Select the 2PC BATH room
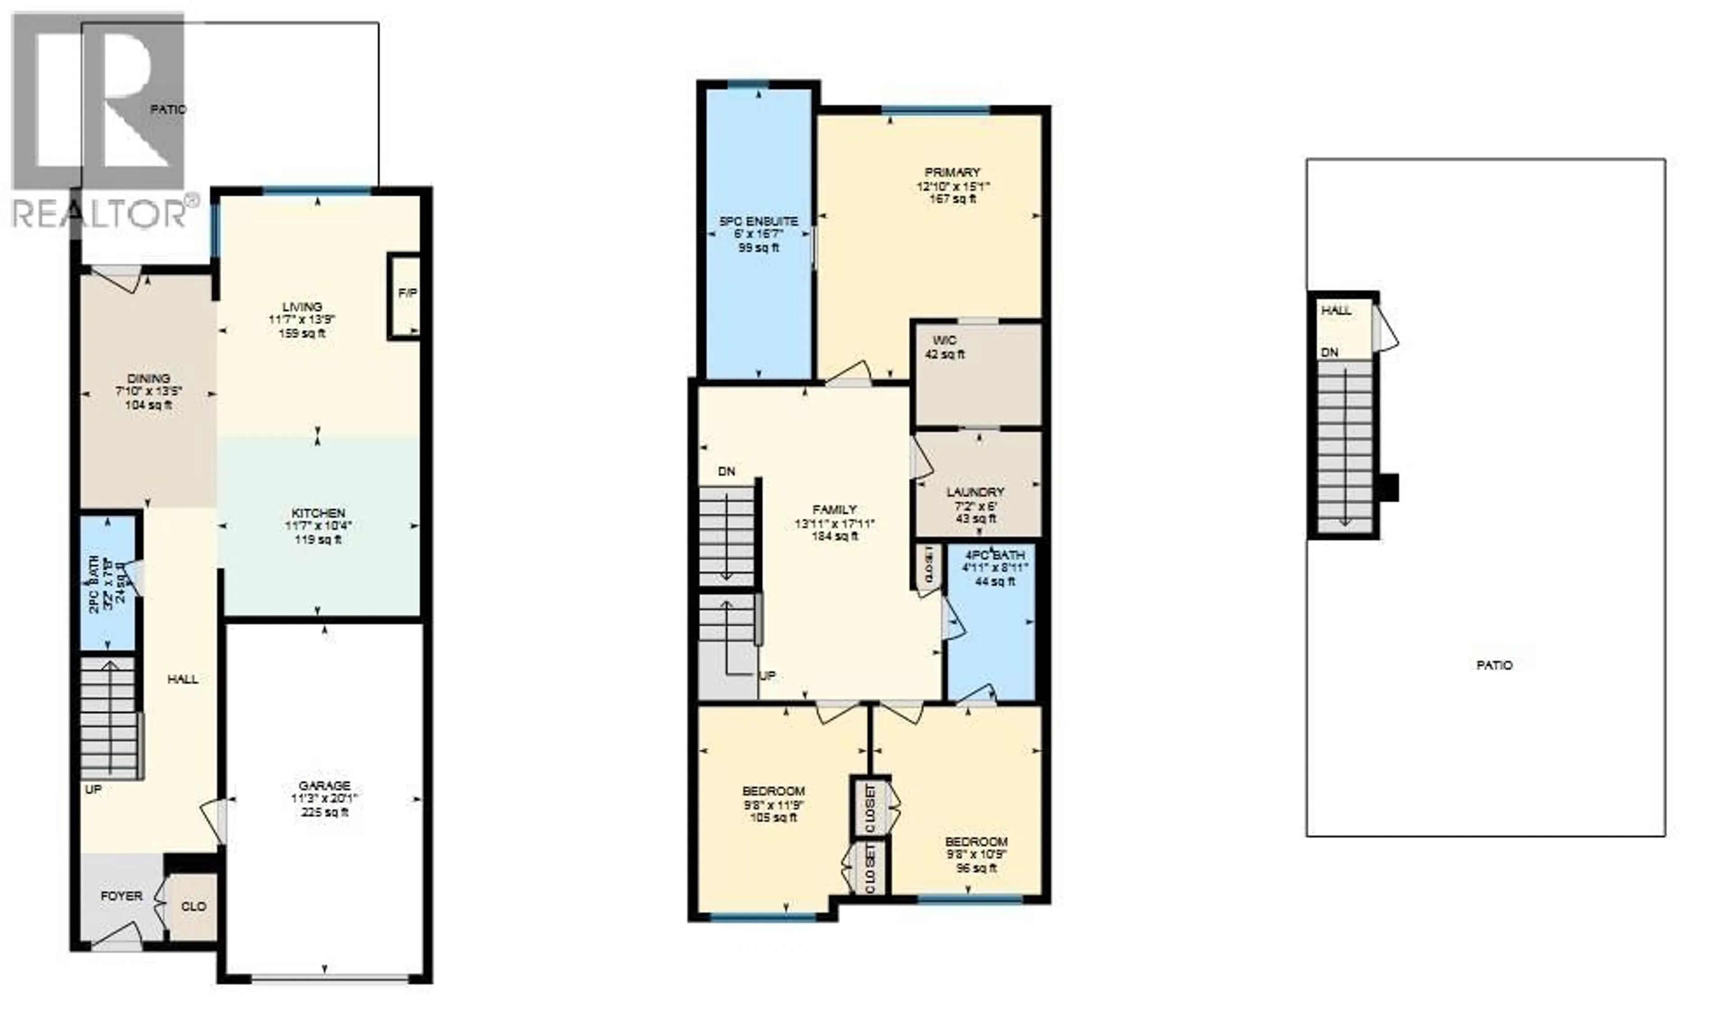click(108, 582)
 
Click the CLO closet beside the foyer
click(193, 907)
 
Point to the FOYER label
click(122, 896)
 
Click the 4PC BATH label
click(994, 555)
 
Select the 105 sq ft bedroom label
click(774, 818)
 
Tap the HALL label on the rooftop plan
click(1336, 310)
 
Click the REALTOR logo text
click(100, 214)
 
